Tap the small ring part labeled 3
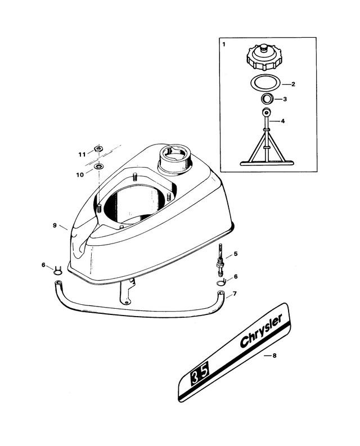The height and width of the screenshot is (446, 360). pyautogui.click(x=268, y=100)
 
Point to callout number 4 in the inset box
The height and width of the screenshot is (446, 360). pyautogui.click(x=282, y=121)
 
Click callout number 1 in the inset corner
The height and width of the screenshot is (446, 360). pyautogui.click(x=224, y=44)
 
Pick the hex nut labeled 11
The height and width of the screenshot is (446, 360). pyautogui.click(x=98, y=148)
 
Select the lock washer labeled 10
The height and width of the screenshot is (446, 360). pyautogui.click(x=98, y=166)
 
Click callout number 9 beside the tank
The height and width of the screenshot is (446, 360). pyautogui.click(x=55, y=226)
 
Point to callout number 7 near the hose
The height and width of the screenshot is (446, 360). pyautogui.click(x=235, y=293)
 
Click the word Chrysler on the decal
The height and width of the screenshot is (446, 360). pyautogui.click(x=261, y=331)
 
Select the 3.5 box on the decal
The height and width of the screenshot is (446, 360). pyautogui.click(x=200, y=373)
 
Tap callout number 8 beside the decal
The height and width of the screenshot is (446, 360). pyautogui.click(x=274, y=355)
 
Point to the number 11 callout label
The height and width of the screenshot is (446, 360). pyautogui.click(x=82, y=155)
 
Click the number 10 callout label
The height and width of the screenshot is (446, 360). pyautogui.click(x=80, y=175)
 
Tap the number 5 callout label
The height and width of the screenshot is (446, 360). pyautogui.click(x=236, y=254)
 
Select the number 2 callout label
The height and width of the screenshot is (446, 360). pyautogui.click(x=293, y=84)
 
